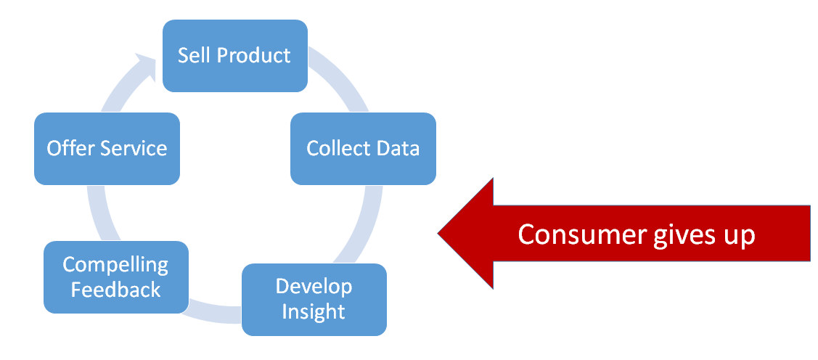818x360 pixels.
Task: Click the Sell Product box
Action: coord(234,56)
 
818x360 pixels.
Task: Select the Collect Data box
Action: coord(363,148)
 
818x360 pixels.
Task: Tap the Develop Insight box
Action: coord(314,299)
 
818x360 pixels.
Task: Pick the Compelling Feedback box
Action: coord(116,277)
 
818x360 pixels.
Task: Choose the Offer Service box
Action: coord(107,148)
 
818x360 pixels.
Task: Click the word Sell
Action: coord(194,56)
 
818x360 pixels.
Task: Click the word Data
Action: coord(398,149)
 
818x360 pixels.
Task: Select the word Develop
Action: coord(314,286)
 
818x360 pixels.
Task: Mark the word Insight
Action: coord(314,312)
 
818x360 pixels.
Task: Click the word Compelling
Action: coord(116,265)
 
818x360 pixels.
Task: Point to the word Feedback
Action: coord(116,290)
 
